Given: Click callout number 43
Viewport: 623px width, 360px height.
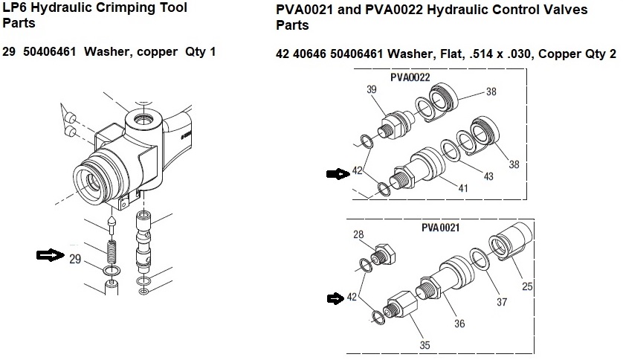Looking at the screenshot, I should [488, 176].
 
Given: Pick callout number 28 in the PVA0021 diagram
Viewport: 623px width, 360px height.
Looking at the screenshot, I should [358, 235].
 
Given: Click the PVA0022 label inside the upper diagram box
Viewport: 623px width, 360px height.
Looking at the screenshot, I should [410, 77].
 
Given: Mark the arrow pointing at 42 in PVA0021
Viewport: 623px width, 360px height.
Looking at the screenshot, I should [338, 298].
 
